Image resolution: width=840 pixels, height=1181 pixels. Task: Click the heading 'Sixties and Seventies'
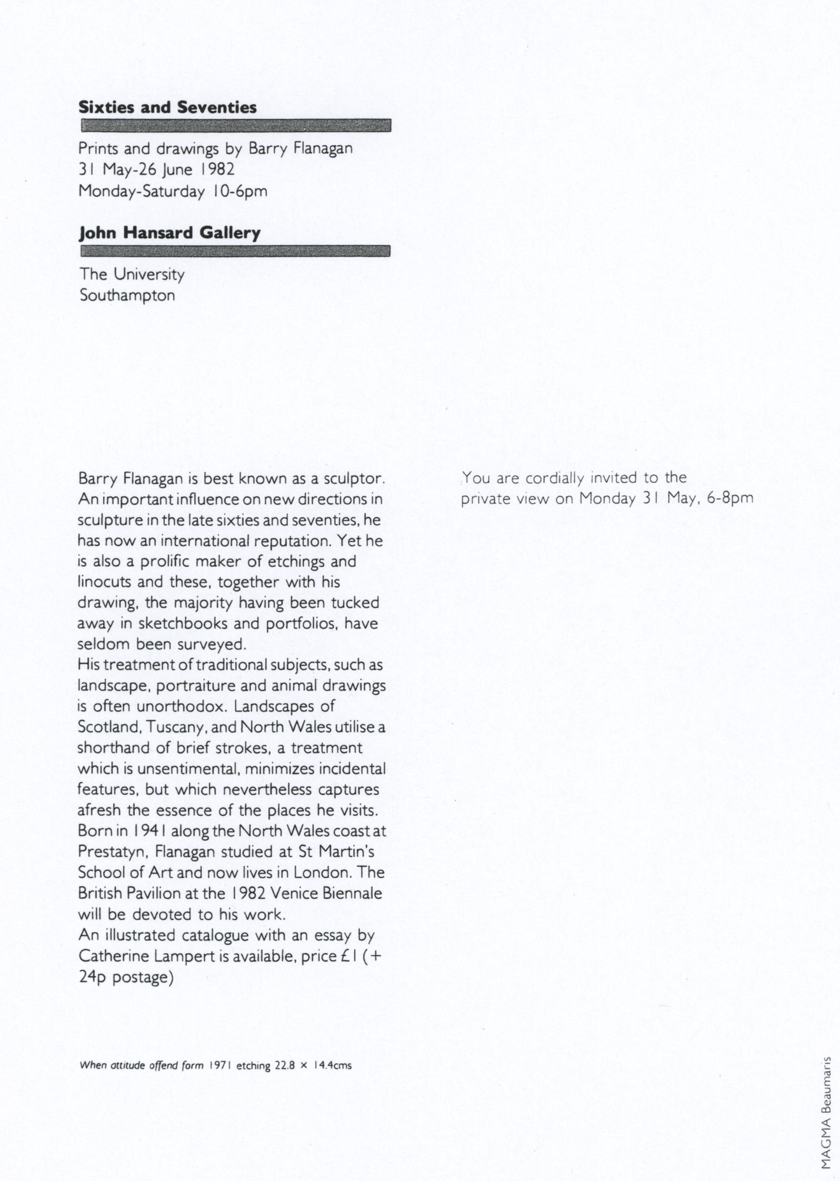click(167, 108)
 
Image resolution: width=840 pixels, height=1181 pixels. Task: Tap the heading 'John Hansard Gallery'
click(169, 233)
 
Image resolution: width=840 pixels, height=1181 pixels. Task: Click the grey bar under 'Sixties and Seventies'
click(236, 125)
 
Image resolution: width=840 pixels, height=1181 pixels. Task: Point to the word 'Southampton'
click(127, 296)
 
